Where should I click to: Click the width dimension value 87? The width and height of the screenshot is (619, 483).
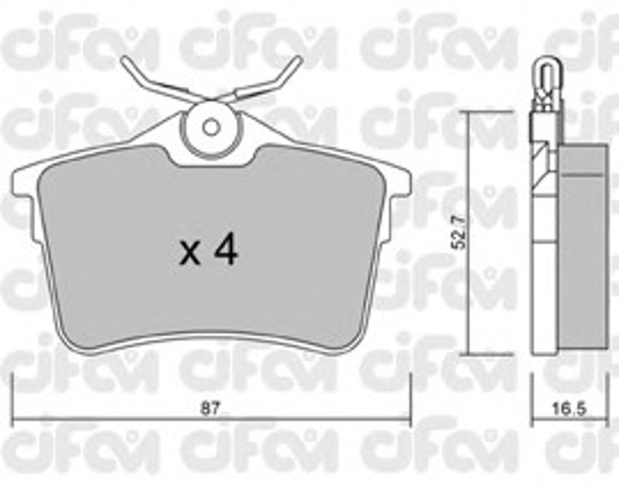click(x=209, y=408)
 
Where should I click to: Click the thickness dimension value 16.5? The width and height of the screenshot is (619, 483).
click(x=569, y=409)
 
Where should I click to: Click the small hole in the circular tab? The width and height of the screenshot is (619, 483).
click(x=211, y=128)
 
